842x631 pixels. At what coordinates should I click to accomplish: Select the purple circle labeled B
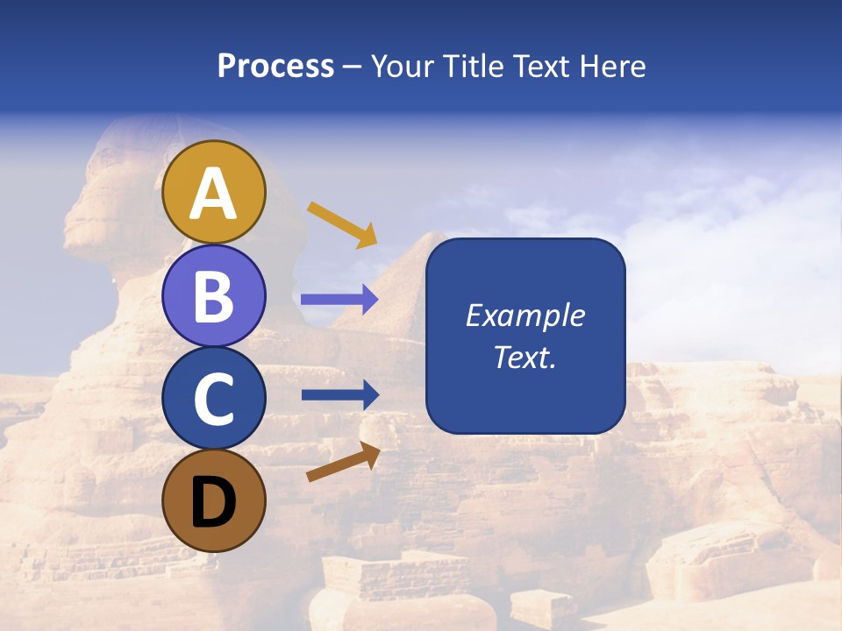[214, 295]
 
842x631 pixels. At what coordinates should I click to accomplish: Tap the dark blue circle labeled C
[214, 399]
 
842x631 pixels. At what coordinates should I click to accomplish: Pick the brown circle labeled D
[214, 500]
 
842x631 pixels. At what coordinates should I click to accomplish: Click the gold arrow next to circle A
[342, 224]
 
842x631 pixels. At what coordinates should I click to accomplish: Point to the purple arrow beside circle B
[339, 300]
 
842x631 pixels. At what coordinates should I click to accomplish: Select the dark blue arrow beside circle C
[339, 394]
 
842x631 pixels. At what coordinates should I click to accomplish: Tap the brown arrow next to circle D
[343, 462]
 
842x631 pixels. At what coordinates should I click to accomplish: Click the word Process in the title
[275, 67]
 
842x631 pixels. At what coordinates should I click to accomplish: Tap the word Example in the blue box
[525, 315]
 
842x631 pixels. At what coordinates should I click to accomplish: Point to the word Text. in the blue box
[525, 358]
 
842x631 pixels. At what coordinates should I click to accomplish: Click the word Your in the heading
[401, 67]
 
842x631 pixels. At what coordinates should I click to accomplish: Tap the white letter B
[214, 296]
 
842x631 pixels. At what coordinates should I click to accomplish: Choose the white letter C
[214, 400]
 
